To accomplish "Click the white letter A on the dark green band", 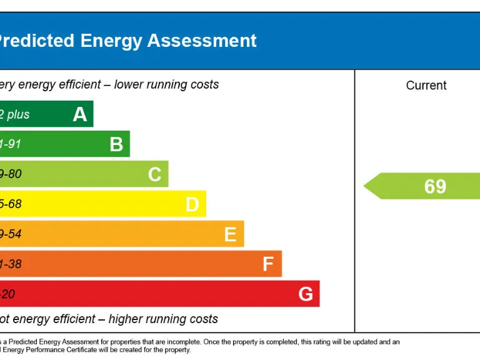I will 80,114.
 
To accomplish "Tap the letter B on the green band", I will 116,144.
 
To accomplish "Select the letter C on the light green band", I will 155,174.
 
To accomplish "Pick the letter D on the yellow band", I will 192,204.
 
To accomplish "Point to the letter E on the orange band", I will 230,234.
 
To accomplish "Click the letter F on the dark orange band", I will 268,264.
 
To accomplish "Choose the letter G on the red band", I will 306,294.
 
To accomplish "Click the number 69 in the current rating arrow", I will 435,186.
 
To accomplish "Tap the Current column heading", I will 426,86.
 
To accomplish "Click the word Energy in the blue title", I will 111,41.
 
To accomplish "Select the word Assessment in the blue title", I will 202,41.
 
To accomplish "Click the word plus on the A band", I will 18,115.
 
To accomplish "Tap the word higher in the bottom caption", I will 127,319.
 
